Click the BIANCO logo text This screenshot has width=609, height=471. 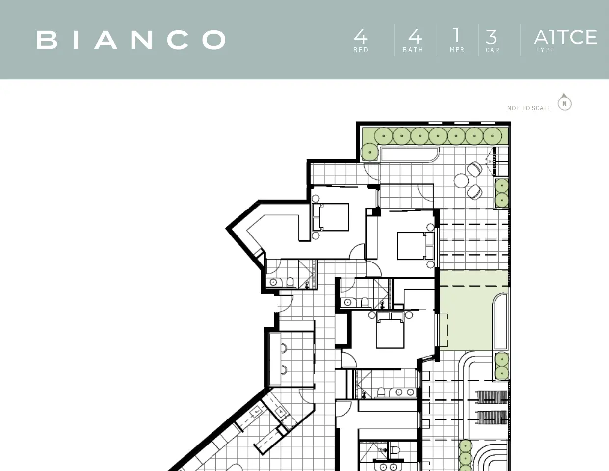pos(131,40)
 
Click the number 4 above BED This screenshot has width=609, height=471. pos(361,36)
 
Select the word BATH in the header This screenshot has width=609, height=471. pos(413,50)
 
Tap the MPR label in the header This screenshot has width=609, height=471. pos(457,50)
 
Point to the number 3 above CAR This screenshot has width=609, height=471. pos(491,37)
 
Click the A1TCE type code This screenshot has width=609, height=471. pos(565,37)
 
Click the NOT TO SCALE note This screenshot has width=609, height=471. pos(529,108)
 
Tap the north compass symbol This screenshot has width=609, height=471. pos(564,102)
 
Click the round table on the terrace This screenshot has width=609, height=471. pos(461,181)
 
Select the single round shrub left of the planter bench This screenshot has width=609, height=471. pos(370,152)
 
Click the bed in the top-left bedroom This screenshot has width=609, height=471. pos(330,217)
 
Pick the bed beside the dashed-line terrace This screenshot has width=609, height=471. pos(415,246)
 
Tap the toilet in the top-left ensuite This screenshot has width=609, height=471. pos(290,282)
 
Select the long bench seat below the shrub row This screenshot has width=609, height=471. pos(409,155)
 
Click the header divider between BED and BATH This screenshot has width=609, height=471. pos(394,40)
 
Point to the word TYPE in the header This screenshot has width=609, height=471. pos(545,50)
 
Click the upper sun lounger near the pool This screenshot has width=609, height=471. pos(492,397)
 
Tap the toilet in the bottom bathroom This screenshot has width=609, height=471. pos(395,450)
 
